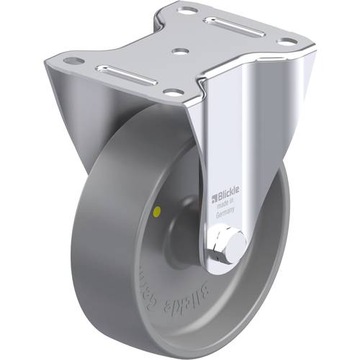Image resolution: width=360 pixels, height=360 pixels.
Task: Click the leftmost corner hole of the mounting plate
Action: [71, 60]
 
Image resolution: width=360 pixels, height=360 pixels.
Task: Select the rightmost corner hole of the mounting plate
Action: [287, 42]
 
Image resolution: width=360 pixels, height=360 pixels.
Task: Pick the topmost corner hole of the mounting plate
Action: [187, 10]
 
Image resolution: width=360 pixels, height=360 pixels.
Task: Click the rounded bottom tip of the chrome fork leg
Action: [228, 268]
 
